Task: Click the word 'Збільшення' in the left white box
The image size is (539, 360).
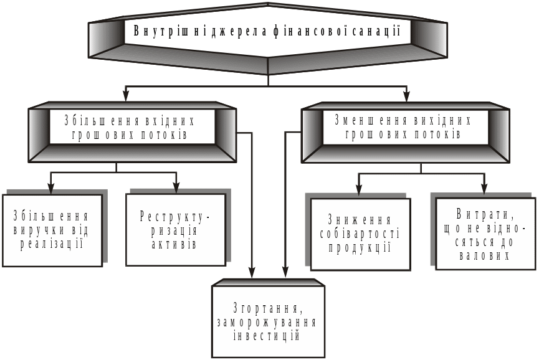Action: pos(51,217)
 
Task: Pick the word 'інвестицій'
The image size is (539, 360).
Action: pos(267,336)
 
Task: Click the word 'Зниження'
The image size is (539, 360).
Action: pos(360,220)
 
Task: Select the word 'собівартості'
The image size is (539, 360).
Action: pos(360,234)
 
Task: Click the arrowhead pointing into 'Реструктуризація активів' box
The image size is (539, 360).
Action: pos(176,186)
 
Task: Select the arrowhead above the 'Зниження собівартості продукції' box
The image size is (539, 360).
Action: pos(359,187)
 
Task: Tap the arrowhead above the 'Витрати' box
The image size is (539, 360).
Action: pos(484,187)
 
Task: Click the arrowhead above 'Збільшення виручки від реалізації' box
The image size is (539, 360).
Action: pos(52,186)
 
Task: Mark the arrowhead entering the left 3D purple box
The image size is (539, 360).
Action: pos(126,95)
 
